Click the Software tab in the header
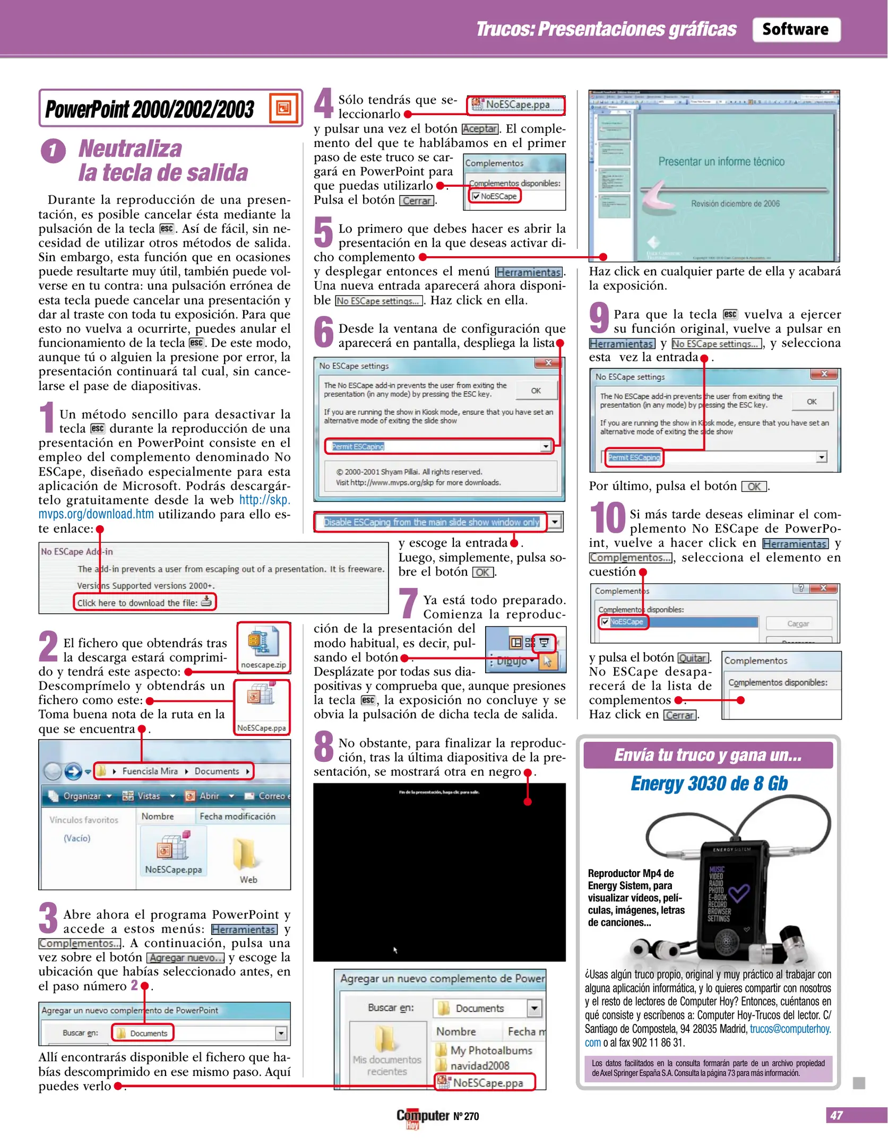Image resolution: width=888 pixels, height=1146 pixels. pos(796,29)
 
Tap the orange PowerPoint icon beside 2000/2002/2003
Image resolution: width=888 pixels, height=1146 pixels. pos(283,108)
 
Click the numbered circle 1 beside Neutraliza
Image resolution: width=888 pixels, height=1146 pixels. pos(53,151)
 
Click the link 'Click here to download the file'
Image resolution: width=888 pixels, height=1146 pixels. pos(144,602)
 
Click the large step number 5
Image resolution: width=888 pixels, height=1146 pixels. pos(323,232)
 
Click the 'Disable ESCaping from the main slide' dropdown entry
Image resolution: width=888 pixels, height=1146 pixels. pos(431,522)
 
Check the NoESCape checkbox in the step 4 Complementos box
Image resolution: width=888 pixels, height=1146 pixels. pos(476,196)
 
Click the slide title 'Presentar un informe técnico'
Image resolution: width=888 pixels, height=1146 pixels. pos(721,161)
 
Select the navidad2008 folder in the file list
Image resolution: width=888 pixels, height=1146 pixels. pos(479,1065)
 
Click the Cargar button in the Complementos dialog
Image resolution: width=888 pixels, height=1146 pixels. pos(798,623)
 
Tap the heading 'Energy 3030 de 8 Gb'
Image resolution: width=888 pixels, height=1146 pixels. pos(709,784)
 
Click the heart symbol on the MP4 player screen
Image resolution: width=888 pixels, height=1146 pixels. pos(738,893)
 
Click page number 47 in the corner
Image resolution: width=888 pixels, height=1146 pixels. pos(837,1115)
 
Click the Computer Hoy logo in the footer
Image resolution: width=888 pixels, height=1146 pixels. pos(423,1116)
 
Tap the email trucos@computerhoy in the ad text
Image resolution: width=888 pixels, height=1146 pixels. pos(790,1029)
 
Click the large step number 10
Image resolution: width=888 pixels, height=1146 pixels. pos(607,518)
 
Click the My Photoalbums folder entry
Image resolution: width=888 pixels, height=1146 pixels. pos(490,1050)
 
